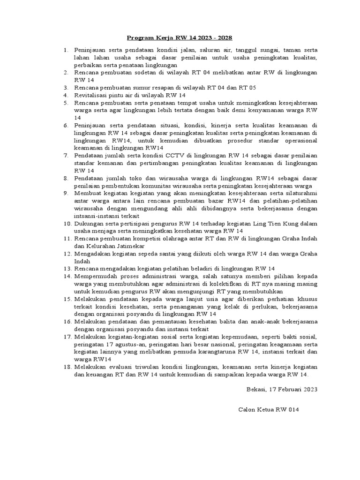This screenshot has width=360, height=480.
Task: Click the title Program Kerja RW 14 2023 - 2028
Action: point(180,37)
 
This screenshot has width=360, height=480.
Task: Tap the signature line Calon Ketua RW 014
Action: point(269,410)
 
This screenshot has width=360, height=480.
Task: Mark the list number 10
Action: point(66,223)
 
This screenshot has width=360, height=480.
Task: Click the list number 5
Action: point(67,103)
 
